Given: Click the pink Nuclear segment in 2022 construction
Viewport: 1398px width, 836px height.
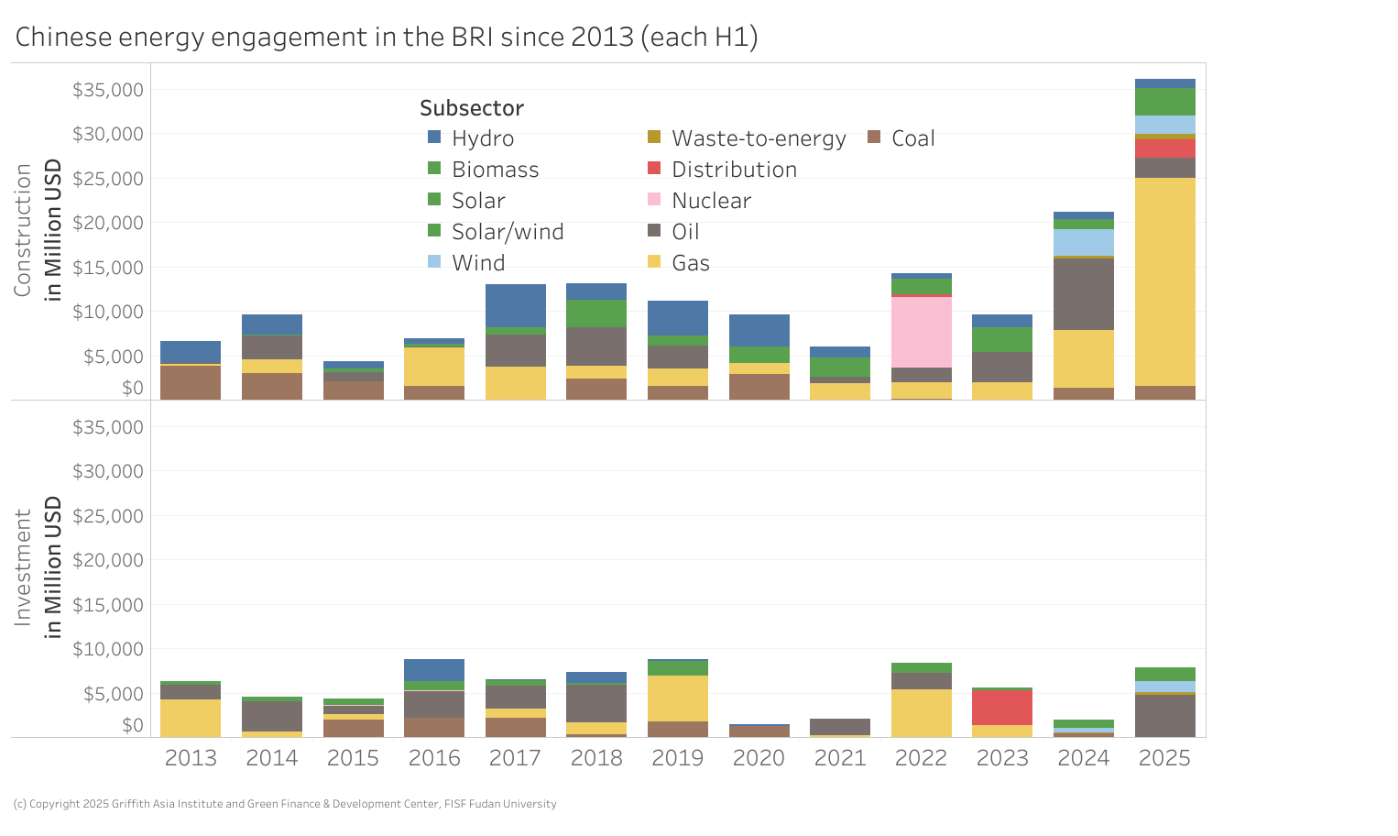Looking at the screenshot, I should pyautogui.click(x=921, y=332).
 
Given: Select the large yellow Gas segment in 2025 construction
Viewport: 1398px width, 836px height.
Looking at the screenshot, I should pyautogui.click(x=1164, y=281).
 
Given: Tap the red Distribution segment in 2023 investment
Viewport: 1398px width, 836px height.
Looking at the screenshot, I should pyautogui.click(x=1002, y=708).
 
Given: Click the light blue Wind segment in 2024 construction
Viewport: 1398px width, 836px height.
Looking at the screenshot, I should pyautogui.click(x=1083, y=242).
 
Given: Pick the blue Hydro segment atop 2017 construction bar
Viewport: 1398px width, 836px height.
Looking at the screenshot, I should pyautogui.click(x=516, y=305).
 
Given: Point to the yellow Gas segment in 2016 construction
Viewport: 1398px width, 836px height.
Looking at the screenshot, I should pyautogui.click(x=434, y=366).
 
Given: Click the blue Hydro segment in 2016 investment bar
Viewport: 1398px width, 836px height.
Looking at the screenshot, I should pyautogui.click(x=434, y=670).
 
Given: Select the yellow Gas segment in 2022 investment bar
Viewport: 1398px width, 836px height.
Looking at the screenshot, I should pyautogui.click(x=921, y=712).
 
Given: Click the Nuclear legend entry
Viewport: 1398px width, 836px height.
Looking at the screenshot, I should pyautogui.click(x=711, y=201).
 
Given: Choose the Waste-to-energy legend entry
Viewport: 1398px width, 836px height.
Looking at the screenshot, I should pyautogui.click(x=758, y=138).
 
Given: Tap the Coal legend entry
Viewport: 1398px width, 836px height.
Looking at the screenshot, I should pyautogui.click(x=912, y=138).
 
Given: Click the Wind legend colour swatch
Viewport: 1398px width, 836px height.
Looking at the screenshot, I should pyautogui.click(x=434, y=262).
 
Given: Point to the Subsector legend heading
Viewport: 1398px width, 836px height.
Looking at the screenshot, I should pyautogui.click(x=472, y=108).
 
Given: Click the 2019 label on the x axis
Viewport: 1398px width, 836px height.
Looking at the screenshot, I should pyautogui.click(x=678, y=758).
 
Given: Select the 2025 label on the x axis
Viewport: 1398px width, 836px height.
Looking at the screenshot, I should pyautogui.click(x=1164, y=758).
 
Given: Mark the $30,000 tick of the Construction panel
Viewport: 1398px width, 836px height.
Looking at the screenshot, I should pyautogui.click(x=108, y=134).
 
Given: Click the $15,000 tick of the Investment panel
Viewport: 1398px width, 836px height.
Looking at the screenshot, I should pyautogui.click(x=108, y=605).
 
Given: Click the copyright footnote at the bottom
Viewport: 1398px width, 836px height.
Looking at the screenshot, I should pyautogui.click(x=285, y=804).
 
